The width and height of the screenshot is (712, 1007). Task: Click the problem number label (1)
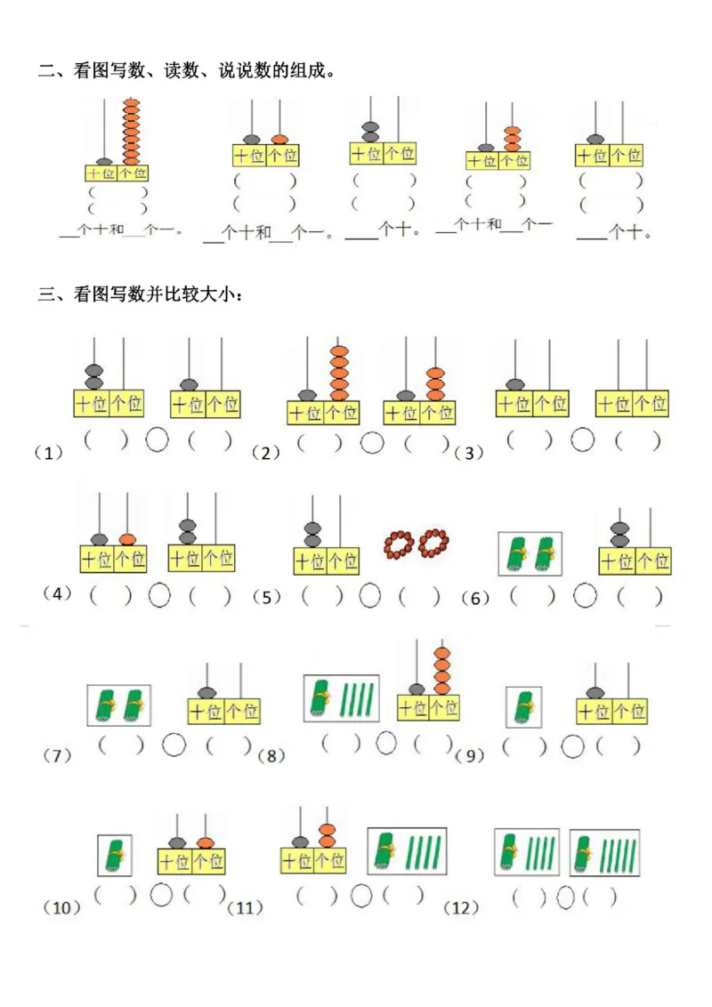click(x=48, y=453)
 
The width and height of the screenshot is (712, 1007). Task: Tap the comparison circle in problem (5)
click(x=372, y=595)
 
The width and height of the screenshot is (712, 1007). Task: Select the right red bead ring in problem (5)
click(x=433, y=542)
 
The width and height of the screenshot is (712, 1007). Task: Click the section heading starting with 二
click(x=187, y=71)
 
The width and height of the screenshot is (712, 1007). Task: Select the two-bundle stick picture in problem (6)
click(x=530, y=555)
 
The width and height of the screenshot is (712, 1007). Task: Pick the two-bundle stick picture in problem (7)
click(x=118, y=704)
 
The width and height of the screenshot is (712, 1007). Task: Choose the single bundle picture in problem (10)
click(x=115, y=855)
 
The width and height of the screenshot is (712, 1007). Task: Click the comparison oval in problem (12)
click(x=565, y=898)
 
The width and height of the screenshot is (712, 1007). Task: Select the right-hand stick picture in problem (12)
click(x=604, y=853)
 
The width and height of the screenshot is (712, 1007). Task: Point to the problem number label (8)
click(x=271, y=756)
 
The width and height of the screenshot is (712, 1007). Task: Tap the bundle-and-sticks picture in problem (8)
click(x=342, y=697)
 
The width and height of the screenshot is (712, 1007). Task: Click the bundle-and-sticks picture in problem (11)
click(x=407, y=851)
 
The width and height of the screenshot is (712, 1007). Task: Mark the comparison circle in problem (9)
click(x=574, y=745)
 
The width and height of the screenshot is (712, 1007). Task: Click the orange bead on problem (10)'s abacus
click(x=206, y=842)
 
